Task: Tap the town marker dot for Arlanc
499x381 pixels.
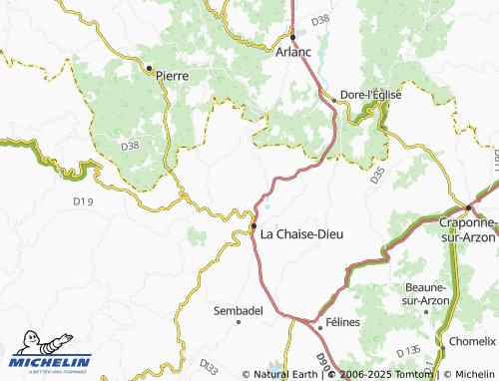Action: [292, 38]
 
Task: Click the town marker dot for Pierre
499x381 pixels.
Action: [149, 69]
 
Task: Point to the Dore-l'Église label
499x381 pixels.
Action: [371, 95]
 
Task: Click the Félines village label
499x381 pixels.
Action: [342, 324]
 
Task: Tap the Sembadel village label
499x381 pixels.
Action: [239, 311]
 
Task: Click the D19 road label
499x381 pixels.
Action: [83, 201]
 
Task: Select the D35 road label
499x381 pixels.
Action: [376, 177]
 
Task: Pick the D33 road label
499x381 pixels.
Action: [209, 365]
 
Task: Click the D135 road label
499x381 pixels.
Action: [407, 352]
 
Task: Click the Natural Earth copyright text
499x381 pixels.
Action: [285, 374]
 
